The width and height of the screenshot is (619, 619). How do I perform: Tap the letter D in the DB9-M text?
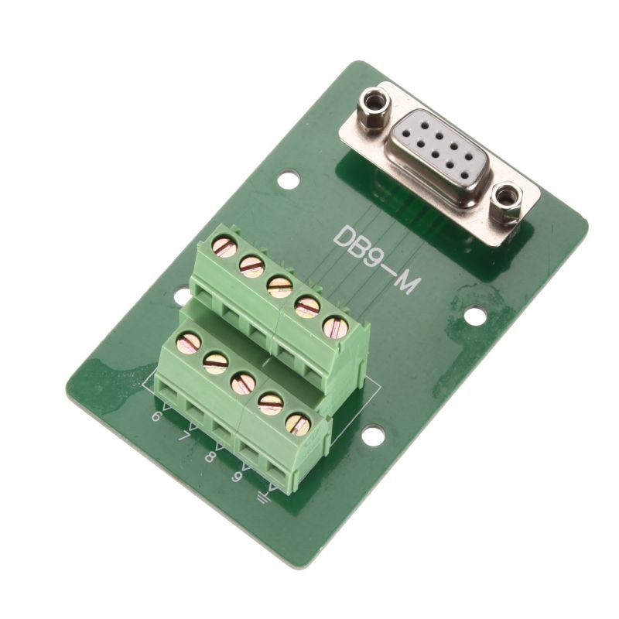pyautogui.click(x=343, y=235)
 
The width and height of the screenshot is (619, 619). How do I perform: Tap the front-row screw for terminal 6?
pyautogui.click(x=189, y=341)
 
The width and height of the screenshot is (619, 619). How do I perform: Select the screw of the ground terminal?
pyautogui.click(x=298, y=424)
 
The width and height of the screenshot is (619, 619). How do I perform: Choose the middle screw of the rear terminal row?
pyautogui.click(x=279, y=286)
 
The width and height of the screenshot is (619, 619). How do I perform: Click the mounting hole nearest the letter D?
pyautogui.click(x=288, y=180)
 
